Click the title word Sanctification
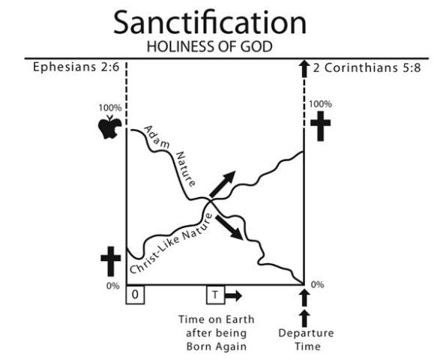pos(210,22)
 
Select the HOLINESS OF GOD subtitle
pos(210,46)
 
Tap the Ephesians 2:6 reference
pos(76,67)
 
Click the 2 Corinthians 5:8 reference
pos(367,67)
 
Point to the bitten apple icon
pos(109,127)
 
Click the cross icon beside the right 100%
pos(320,126)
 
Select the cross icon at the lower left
pos(111,261)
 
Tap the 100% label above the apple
pos(110,108)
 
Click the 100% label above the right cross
pos(320,104)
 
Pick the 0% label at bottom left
pos(112,286)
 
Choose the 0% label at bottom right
pos(317,285)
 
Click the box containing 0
pos(135,295)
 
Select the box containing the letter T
pos(216,295)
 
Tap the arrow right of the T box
pos(234,295)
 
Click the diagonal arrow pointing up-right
pos(222,184)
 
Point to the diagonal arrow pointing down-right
pos(229,227)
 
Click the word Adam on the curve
pos(157,137)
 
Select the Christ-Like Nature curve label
pos(171,243)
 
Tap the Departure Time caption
pos(307,340)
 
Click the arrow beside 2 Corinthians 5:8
pos(304,69)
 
